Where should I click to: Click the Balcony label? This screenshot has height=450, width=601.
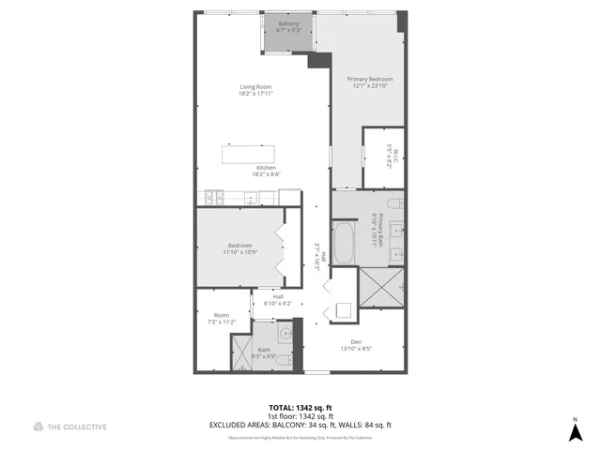(287, 26)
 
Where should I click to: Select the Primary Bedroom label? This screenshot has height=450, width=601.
(369, 82)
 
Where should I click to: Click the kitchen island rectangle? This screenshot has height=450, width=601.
(249, 154)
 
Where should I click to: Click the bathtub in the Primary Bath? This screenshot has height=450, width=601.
(344, 242)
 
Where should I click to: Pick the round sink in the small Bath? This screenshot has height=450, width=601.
(285, 331)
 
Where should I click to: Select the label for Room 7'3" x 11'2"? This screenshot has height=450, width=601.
(222, 319)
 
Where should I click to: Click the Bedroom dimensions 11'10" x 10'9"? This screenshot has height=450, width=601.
(239, 252)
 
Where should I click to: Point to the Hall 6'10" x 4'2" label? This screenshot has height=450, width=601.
(278, 300)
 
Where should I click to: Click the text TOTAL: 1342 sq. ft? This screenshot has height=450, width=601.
(300, 407)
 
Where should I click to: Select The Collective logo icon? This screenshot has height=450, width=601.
(39, 427)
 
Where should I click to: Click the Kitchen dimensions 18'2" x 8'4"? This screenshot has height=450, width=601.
(266, 174)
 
